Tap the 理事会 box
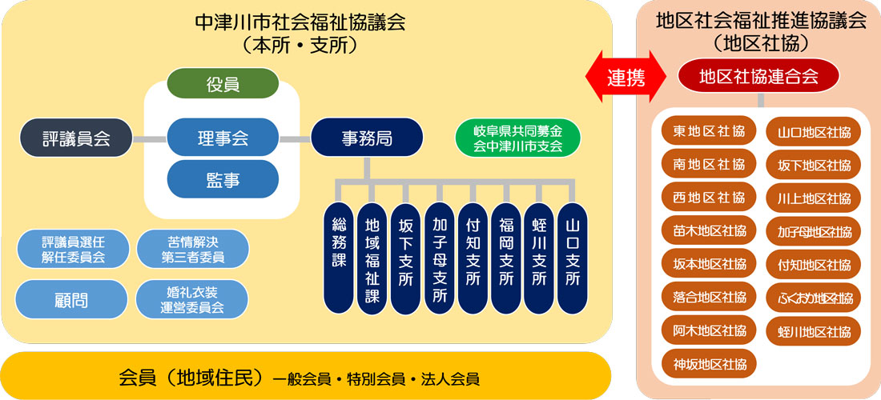coord(223,138)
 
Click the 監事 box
coord(223,179)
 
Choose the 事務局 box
coord(366,138)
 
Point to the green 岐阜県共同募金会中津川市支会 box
coord(517,138)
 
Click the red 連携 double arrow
coord(626,77)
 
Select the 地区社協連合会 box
coord(758,77)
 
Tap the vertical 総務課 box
coord(339,258)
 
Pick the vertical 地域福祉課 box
coord(372,258)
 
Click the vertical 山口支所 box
coord(573,258)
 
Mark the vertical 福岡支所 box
coord(505,258)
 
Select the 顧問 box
coord(71,299)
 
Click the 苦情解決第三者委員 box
coord(192,249)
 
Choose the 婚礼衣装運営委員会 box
coord(192,299)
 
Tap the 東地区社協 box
coord(709,131)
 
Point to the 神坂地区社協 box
coord(709,363)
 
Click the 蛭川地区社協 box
coord(813,330)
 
